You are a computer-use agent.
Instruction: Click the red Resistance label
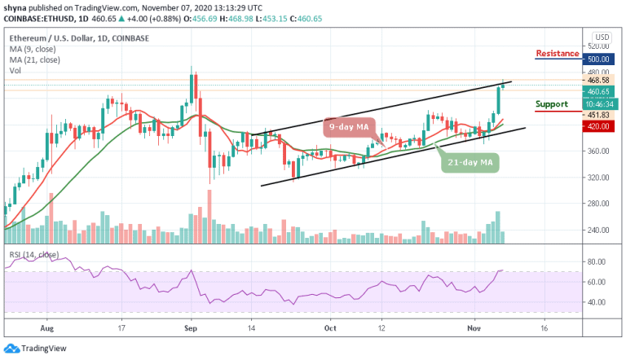[558, 54]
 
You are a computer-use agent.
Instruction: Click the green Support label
[552, 105]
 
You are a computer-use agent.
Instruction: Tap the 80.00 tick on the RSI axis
[602, 261]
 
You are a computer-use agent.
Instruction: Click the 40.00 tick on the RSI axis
[602, 301]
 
